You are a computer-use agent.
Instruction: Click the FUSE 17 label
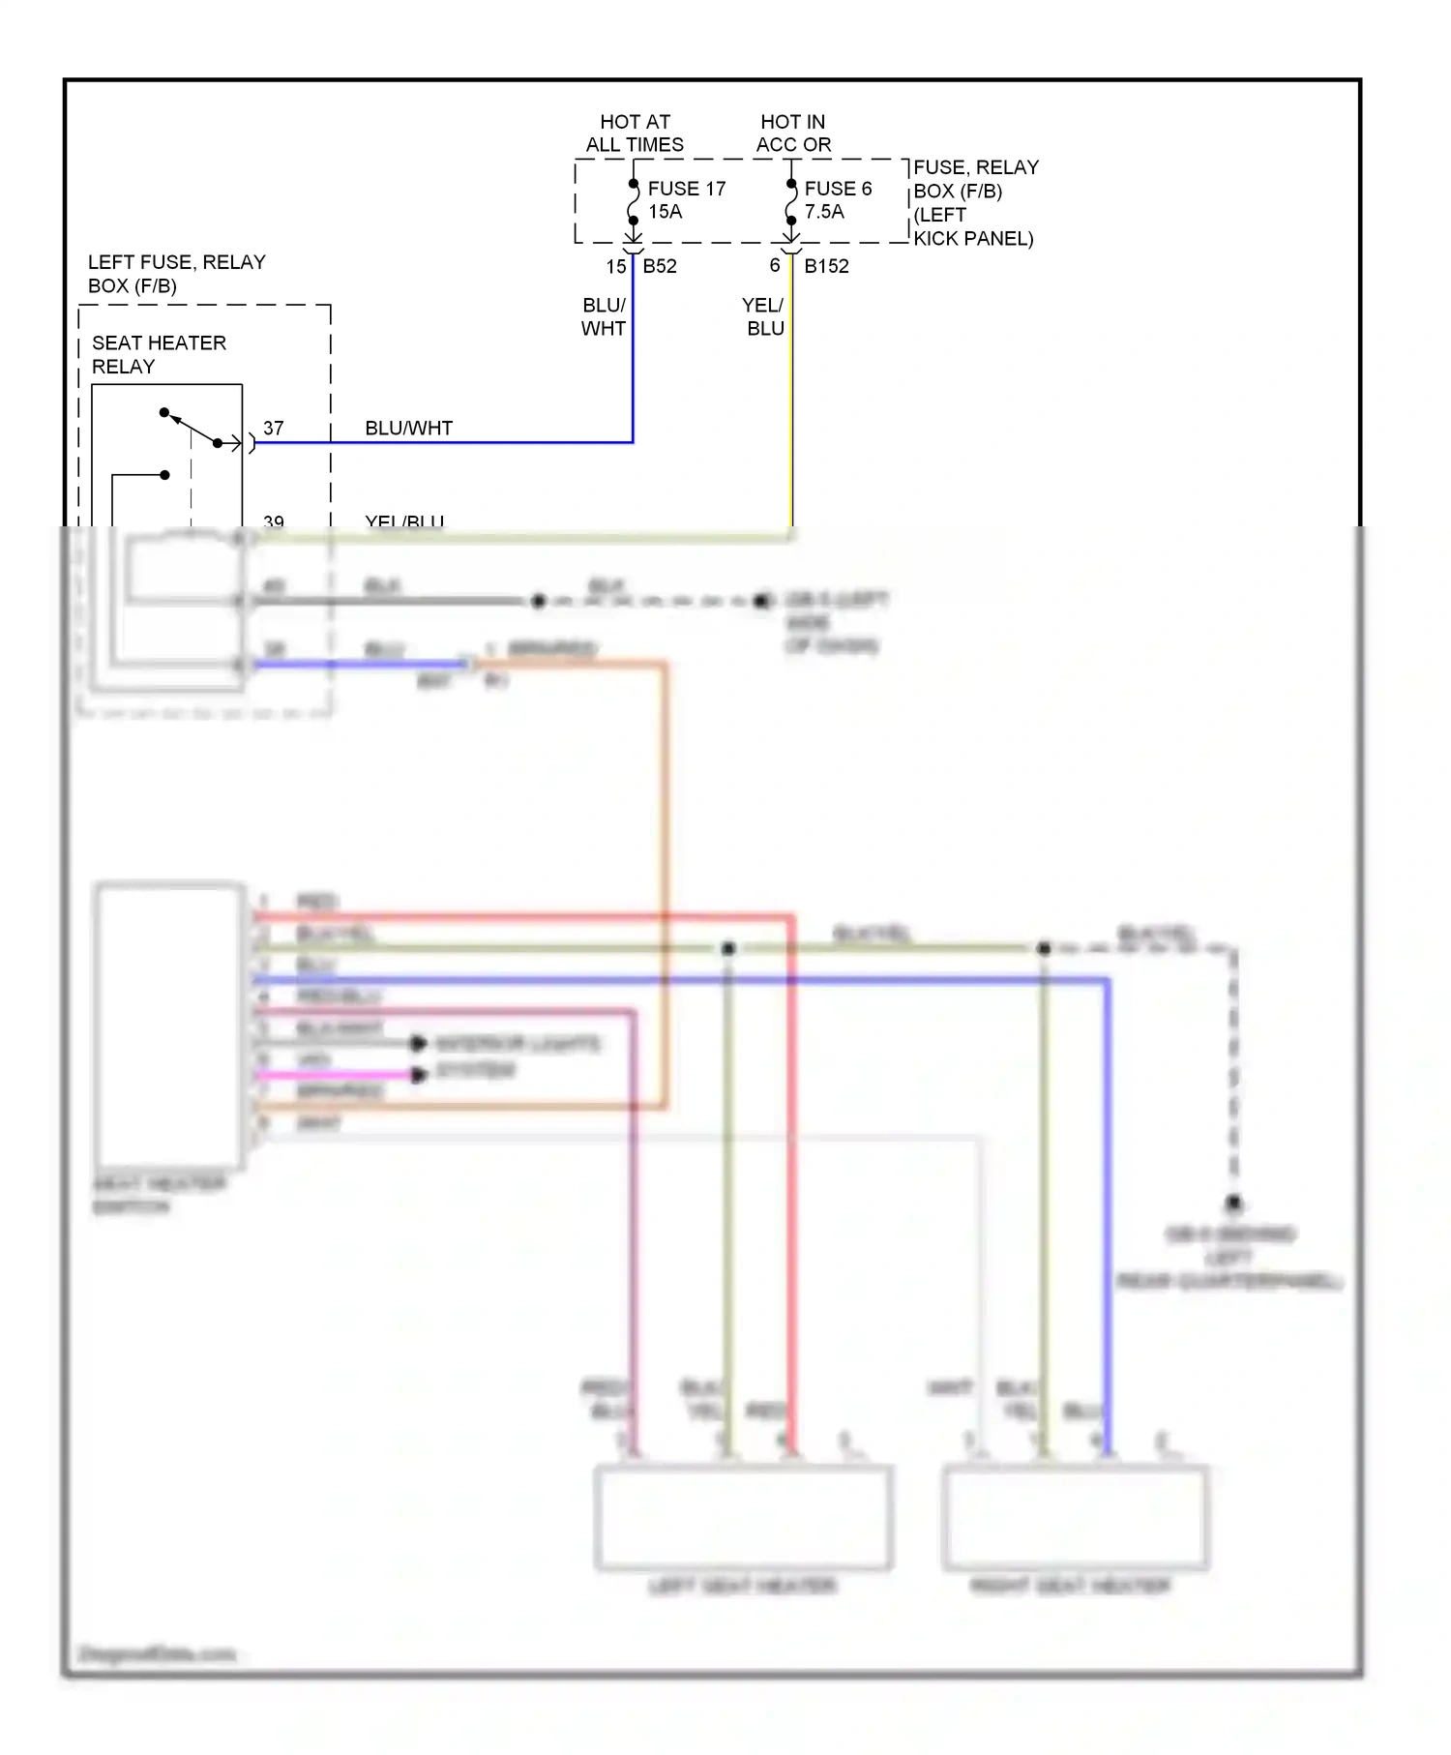[686, 189]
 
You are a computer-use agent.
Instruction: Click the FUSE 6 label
[838, 189]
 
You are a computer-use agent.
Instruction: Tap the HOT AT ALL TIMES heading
[635, 134]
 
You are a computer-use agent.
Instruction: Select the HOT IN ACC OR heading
[793, 134]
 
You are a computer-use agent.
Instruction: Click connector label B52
[660, 266]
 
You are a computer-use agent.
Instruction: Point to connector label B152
[826, 266]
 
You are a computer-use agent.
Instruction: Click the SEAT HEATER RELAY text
[159, 354]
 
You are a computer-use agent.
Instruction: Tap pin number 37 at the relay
[274, 428]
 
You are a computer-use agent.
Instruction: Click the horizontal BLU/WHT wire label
[408, 428]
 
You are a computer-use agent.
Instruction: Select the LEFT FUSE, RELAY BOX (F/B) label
[176, 274]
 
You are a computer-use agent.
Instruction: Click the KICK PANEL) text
[973, 239]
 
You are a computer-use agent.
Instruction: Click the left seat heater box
[742, 1517]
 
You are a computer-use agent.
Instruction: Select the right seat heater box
[1075, 1517]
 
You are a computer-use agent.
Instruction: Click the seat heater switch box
[169, 1025]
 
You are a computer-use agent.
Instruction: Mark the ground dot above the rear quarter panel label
[1233, 1203]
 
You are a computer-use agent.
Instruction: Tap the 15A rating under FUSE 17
[665, 212]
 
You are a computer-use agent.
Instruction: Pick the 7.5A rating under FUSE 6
[824, 212]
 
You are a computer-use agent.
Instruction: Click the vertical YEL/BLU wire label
[764, 316]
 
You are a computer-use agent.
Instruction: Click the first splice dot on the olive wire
[728, 948]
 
